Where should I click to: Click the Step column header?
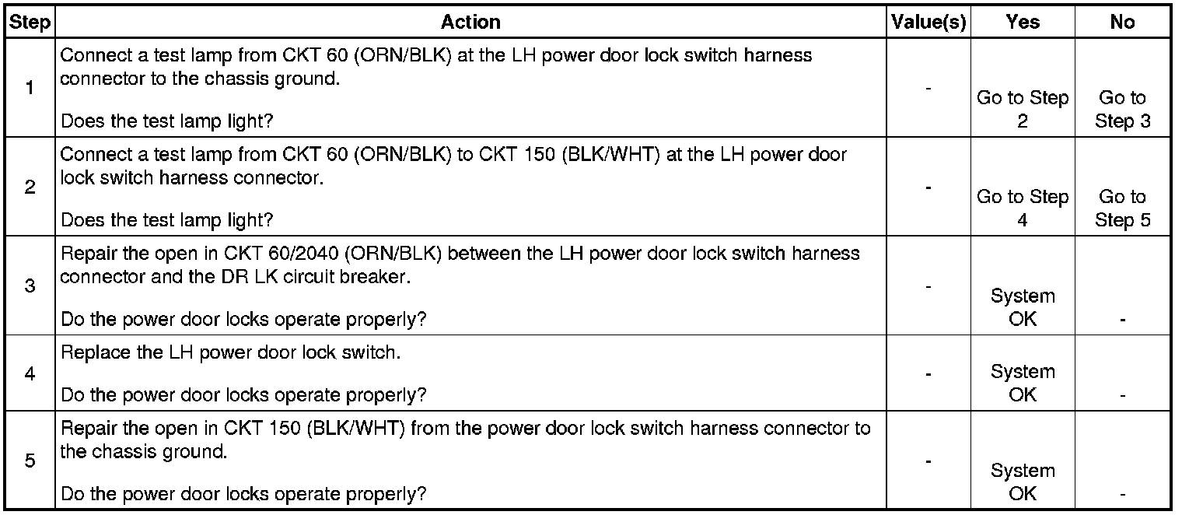30,23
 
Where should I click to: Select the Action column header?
470,23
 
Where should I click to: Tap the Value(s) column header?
928,23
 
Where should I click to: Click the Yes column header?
1022,23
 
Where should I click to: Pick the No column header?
1122,23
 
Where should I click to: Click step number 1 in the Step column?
30,88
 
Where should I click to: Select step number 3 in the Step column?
30,286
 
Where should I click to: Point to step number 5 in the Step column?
30,461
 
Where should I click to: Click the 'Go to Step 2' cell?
1022,110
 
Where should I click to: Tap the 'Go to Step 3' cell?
1122,110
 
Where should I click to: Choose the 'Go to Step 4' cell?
1022,208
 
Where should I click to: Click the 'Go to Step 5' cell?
1122,208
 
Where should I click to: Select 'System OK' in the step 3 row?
1022,307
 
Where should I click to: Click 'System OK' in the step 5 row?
1022,482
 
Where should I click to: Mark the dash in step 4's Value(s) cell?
928,374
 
